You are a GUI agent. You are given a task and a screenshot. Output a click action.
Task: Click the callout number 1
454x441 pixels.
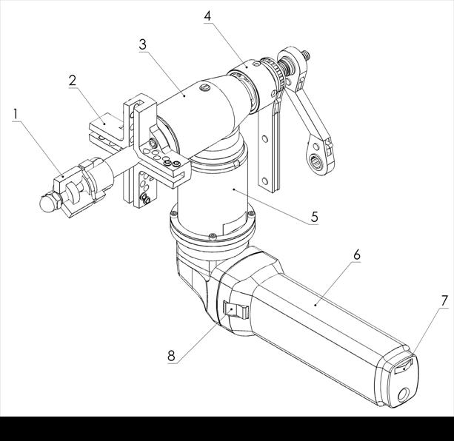16,115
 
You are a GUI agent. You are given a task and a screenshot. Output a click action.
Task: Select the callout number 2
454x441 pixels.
73,81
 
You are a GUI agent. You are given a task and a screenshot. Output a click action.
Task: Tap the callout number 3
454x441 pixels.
143,44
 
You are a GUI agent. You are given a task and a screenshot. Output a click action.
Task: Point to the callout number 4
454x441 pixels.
207,16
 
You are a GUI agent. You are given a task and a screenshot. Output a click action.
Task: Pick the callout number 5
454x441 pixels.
315,217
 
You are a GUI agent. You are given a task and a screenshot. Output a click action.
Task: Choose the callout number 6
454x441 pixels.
357,255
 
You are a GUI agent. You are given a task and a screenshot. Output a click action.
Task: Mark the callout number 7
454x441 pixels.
444,301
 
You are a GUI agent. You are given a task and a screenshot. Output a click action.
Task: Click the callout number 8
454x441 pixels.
171,356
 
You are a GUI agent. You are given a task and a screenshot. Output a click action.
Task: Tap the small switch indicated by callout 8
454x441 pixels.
236,312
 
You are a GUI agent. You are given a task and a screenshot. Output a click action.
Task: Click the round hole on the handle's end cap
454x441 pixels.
403,394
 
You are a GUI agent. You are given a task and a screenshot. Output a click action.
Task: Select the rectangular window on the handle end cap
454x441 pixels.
404,367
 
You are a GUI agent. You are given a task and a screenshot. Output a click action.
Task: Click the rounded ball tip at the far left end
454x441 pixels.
48,203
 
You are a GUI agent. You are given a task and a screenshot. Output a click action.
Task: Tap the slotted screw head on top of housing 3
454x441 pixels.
204,87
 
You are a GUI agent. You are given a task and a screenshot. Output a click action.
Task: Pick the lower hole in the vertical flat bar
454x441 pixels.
264,181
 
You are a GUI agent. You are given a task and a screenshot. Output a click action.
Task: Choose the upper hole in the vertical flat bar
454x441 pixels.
264,138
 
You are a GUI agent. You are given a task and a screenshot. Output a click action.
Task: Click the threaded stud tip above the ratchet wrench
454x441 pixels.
306,55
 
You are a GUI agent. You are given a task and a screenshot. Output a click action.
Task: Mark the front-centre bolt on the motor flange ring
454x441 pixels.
213,236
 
